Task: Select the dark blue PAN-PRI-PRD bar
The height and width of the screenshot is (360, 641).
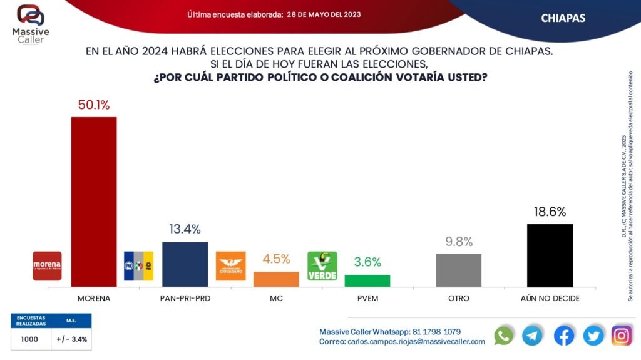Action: (185, 264)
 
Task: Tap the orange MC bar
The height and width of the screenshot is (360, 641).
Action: (276, 279)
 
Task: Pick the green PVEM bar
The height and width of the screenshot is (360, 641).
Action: (367, 280)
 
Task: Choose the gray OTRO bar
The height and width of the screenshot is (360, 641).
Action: (458, 270)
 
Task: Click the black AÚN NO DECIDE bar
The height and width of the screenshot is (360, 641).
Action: (550, 255)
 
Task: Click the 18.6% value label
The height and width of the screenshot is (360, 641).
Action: (550, 212)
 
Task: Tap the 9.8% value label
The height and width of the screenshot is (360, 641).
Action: (458, 242)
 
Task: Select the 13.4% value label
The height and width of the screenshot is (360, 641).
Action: (185, 230)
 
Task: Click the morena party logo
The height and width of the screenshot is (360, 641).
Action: (47, 266)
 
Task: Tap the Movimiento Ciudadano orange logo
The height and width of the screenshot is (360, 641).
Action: (230, 266)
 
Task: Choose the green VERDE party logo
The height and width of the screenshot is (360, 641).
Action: (322, 266)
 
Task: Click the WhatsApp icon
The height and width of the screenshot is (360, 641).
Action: (503, 335)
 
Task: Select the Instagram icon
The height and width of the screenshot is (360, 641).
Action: (622, 335)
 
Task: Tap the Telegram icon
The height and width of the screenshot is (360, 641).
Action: (533, 335)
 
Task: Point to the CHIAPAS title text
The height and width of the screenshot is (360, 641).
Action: (563, 18)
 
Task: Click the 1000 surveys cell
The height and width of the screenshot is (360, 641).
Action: (29, 339)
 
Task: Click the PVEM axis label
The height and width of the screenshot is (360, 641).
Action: (367, 299)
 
